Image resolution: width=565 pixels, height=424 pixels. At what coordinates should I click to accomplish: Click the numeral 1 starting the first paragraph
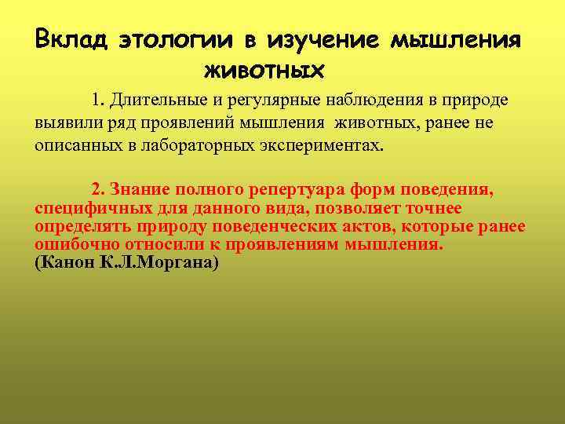click(96, 101)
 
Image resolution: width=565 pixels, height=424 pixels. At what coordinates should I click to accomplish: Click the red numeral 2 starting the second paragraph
click(96, 189)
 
